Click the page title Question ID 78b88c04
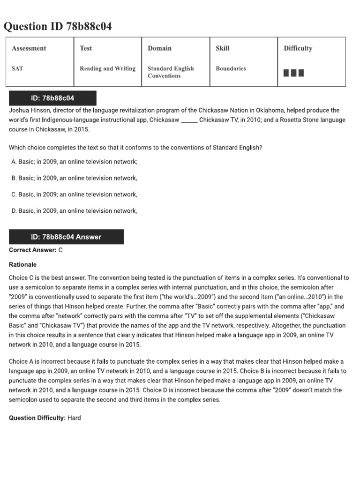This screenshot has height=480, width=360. click(58, 26)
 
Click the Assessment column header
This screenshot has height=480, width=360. click(29, 48)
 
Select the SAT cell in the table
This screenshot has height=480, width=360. click(17, 68)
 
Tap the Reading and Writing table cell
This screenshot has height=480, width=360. click(107, 68)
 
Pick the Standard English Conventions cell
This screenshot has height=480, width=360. click(170, 72)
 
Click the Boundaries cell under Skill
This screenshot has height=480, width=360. click(231, 68)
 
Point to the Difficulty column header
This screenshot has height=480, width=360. click(298, 48)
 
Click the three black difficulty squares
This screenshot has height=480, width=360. click(294, 73)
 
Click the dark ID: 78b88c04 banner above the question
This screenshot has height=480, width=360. click(52, 98)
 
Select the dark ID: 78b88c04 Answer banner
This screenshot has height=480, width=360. click(66, 237)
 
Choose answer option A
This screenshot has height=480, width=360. click(74, 162)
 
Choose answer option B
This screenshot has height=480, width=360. click(74, 178)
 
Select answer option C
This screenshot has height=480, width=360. click(74, 195)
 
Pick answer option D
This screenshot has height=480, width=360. click(74, 211)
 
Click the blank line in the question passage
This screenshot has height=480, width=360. click(189, 120)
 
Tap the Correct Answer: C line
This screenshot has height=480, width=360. click(36, 250)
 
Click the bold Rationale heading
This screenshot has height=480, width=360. click(22, 264)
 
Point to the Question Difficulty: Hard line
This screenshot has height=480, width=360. click(45, 418)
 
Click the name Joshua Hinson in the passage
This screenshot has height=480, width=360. click(29, 111)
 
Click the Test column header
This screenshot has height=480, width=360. click(86, 48)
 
